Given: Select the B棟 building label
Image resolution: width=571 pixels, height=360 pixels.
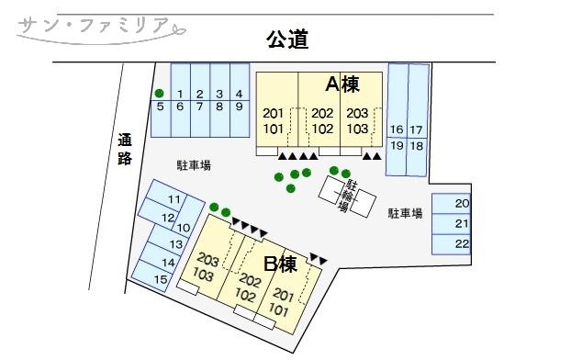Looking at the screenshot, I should tap(280, 264).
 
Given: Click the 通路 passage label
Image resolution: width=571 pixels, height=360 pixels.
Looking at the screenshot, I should tap(126, 149).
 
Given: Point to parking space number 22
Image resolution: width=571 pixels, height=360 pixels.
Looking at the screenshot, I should tap(463, 243).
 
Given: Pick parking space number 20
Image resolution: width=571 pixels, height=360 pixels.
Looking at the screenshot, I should tap(463, 204).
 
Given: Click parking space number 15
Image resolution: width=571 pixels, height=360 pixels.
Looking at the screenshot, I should tap(161, 279).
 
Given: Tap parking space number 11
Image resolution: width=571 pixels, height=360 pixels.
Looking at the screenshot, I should tap(173, 200).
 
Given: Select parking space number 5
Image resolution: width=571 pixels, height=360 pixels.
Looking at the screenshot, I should tap(160, 107).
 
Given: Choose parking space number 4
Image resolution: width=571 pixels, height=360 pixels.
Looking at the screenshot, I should tap(239, 94).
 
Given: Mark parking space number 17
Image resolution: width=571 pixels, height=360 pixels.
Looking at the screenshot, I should tap(416, 129).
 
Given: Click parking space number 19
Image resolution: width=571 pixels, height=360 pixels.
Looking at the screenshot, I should tap(397, 145).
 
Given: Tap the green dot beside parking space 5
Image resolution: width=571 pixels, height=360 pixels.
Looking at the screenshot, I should tap(160, 93).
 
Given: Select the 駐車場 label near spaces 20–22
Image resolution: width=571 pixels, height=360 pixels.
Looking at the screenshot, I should tap(404, 213).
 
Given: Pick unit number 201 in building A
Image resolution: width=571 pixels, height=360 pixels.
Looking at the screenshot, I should tap(274, 113).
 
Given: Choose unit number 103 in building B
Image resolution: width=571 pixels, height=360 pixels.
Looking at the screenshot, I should tap(204, 276).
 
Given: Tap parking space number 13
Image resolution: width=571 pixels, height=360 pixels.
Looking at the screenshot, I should tap(176, 244).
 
